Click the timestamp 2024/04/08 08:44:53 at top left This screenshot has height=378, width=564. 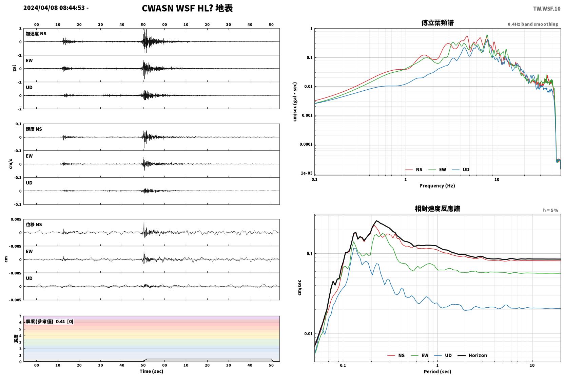[x=54, y=8]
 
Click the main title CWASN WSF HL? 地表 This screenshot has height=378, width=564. [x=187, y=8]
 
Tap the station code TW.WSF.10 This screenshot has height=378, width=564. [x=547, y=9]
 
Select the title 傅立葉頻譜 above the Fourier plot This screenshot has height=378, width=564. [x=437, y=23]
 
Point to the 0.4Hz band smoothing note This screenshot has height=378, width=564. [x=533, y=24]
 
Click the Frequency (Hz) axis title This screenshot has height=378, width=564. [x=437, y=186]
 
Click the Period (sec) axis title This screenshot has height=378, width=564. [x=437, y=372]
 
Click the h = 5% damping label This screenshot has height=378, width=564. [x=550, y=210]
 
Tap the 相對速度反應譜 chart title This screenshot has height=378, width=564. [x=437, y=209]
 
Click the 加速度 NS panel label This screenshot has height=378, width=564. [x=36, y=34]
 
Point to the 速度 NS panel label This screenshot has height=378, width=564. [x=34, y=129]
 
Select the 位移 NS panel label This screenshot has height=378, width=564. [x=34, y=224]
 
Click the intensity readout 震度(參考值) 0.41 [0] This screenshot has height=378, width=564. [x=50, y=322]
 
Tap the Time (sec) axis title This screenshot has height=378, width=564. [x=151, y=371]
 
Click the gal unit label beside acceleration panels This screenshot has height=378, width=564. [x=14, y=68]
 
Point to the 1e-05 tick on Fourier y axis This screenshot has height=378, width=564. [x=307, y=173]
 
